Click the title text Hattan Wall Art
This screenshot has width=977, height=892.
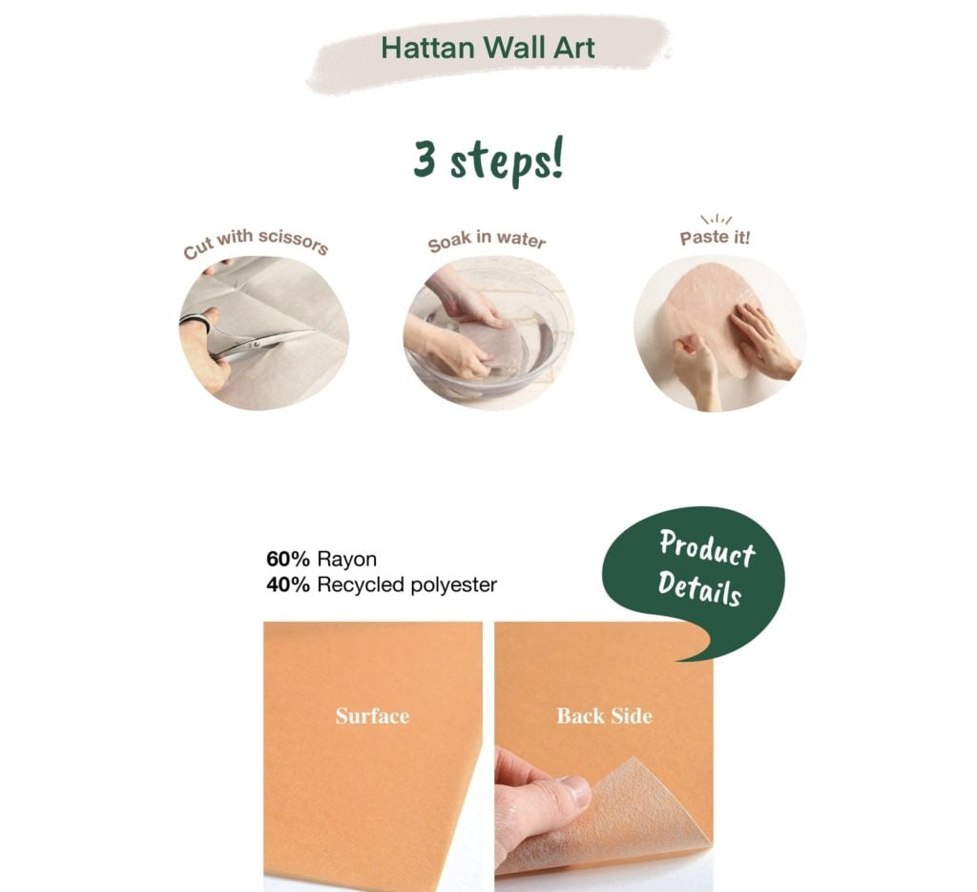(x=488, y=48)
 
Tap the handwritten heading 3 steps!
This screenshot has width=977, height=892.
(x=488, y=160)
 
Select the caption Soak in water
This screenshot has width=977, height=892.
(x=487, y=240)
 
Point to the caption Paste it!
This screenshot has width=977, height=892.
(x=715, y=238)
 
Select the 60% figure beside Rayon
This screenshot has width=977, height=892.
(x=288, y=559)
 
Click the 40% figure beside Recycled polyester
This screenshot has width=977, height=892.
(x=288, y=584)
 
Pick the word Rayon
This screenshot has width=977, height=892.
(x=347, y=560)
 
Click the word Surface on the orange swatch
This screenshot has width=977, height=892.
(x=373, y=715)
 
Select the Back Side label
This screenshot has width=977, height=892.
(x=604, y=715)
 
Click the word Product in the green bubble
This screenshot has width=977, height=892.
(x=707, y=548)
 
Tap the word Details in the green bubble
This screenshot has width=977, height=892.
(x=699, y=588)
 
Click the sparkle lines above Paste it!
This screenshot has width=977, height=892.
(x=717, y=220)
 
